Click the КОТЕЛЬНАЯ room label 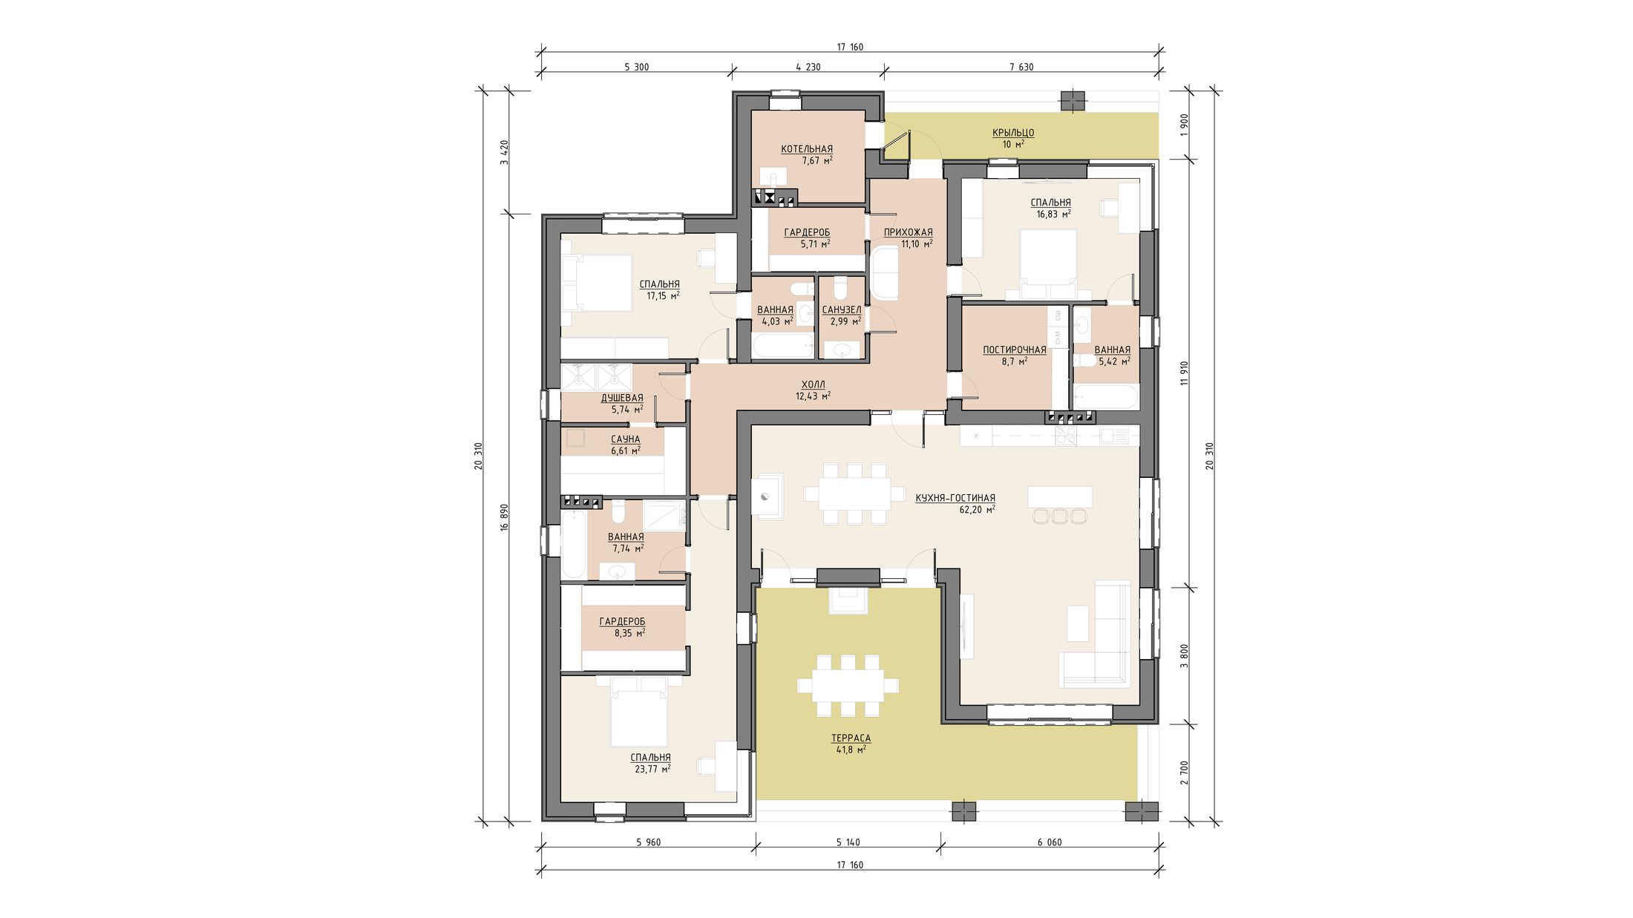coord(807,149)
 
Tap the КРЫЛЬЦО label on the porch coord(1013,133)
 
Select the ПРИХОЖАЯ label coord(908,232)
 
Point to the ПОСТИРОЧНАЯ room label coord(1015,350)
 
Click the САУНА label coord(626,439)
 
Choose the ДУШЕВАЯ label coord(622,398)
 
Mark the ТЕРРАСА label coord(851,738)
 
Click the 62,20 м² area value coord(977,510)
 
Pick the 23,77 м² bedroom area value coord(652,770)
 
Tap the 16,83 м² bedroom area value coord(1053,214)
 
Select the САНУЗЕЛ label coord(842,310)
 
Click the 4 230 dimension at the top coord(808,67)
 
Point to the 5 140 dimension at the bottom coord(848,842)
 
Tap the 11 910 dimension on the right coord(1185,373)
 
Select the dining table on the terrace coord(848,686)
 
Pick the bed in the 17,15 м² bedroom coord(597,283)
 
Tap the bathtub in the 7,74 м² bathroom coord(574,545)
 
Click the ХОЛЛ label coord(813,384)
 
